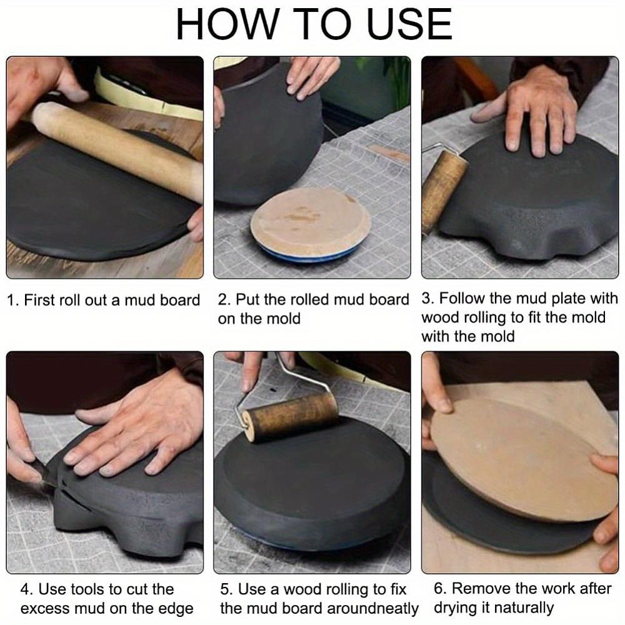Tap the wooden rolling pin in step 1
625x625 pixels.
point(116,151)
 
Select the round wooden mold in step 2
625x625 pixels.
point(311,222)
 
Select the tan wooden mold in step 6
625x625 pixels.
point(522,458)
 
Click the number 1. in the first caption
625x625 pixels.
point(13,301)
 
